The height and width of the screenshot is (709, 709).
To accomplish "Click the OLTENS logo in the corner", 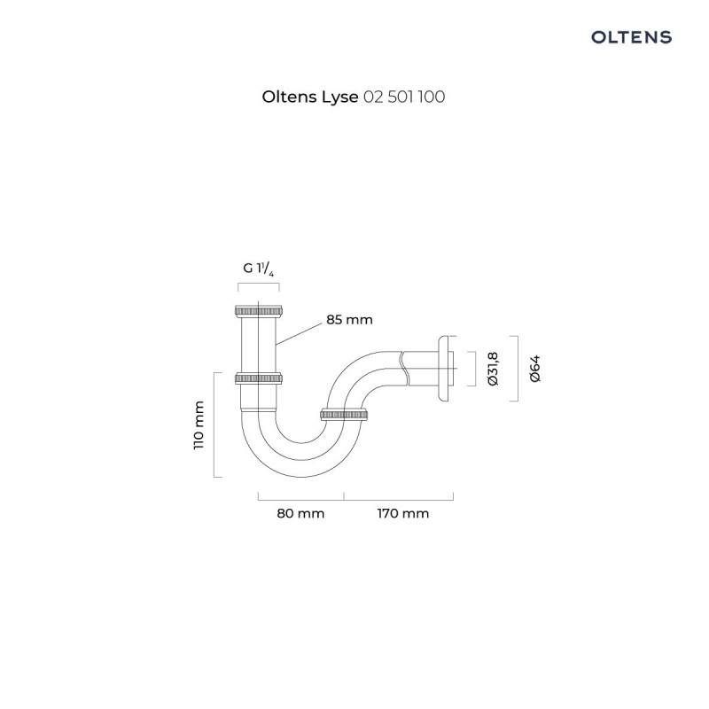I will point(631,37).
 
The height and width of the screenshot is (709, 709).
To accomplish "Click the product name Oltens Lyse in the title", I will point(310,97).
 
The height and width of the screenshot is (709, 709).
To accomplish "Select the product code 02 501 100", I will point(404,97).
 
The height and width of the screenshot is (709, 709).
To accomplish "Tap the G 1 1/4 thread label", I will point(259,268).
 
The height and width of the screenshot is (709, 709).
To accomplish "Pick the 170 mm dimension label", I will point(402,514).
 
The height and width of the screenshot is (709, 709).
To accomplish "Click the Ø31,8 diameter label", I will point(494,369).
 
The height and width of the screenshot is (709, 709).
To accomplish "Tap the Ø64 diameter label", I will point(534,369).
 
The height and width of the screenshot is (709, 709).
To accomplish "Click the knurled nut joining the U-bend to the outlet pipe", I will point(344,414).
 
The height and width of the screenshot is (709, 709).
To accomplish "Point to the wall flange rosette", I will point(440,369).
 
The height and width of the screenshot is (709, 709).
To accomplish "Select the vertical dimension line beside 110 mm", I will point(215,425).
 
